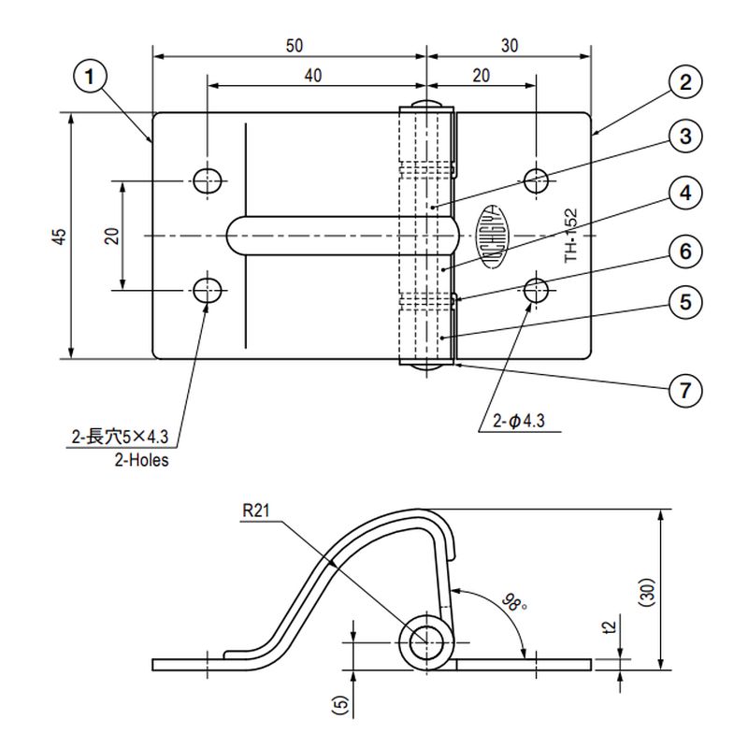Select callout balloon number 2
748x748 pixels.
click(x=685, y=82)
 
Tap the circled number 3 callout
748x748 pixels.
click(x=685, y=137)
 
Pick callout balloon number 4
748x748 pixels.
click(x=685, y=194)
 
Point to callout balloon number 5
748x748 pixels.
click(x=685, y=302)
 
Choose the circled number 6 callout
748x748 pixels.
click(x=685, y=252)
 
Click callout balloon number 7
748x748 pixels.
click(x=685, y=389)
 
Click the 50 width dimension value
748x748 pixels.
click(x=293, y=45)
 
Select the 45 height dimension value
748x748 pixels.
click(x=59, y=236)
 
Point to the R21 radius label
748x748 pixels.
click(x=255, y=511)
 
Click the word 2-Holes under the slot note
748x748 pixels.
click(x=141, y=460)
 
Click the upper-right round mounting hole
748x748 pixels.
click(x=536, y=180)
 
